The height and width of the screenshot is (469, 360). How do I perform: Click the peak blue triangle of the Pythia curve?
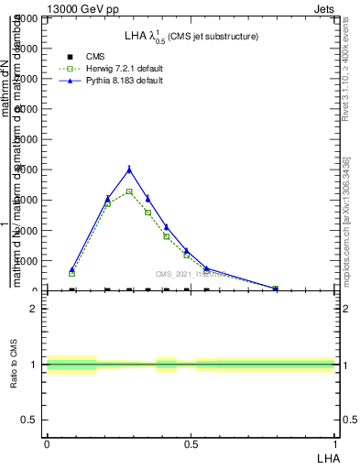point(129,169)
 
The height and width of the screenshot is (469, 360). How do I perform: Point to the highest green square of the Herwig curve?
point(129,191)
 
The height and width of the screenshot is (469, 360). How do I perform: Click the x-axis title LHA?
point(328,456)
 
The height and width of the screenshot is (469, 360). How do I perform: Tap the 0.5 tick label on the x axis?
point(191,443)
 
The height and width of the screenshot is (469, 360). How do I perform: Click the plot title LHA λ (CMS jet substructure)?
point(191,37)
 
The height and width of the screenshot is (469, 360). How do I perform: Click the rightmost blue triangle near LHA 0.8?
point(275,288)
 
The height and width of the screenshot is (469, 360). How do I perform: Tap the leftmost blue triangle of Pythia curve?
point(72,270)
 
